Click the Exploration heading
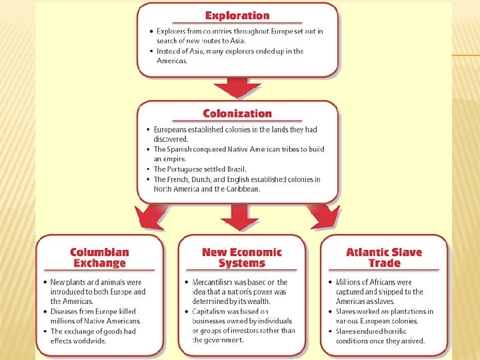237,16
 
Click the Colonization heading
237,113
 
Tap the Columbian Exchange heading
99,257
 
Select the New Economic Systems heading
242,257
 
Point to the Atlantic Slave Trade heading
384,257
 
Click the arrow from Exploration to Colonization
237,87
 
